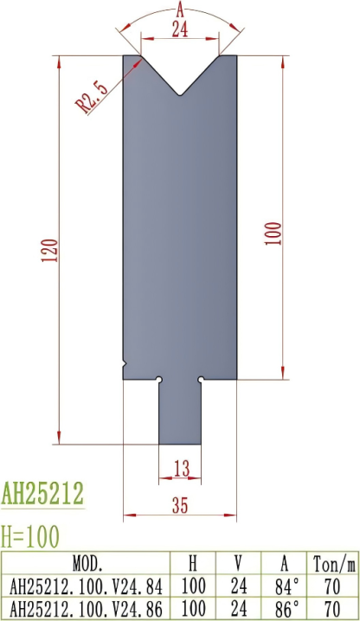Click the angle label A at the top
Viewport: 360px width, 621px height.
click(x=180, y=10)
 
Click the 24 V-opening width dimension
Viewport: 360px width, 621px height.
click(x=180, y=29)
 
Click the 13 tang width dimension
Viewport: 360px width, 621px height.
click(x=181, y=469)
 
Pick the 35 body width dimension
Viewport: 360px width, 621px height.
click(x=180, y=507)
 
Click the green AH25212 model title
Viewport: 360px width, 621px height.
click(x=42, y=494)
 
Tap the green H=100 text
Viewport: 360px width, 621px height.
click(x=31, y=537)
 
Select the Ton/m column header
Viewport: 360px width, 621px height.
click(x=335, y=563)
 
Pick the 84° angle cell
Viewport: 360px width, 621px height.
click(x=290, y=585)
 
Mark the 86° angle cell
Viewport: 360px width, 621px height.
click(x=290, y=605)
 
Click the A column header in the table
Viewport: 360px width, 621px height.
click(x=290, y=563)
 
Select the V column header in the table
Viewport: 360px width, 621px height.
click(x=240, y=563)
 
